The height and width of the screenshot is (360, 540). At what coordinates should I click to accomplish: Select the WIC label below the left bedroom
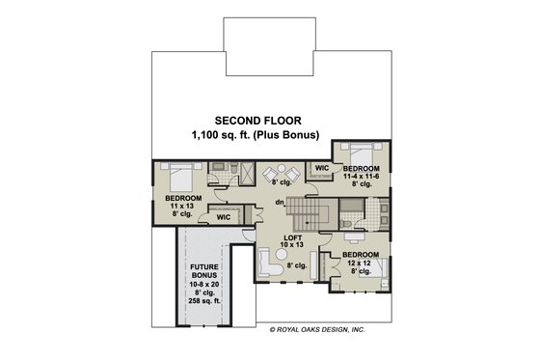click(x=224, y=218)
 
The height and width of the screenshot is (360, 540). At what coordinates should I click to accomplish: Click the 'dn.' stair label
click(x=279, y=201)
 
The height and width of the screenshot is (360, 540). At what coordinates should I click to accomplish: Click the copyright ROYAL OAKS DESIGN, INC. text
click(x=317, y=330)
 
